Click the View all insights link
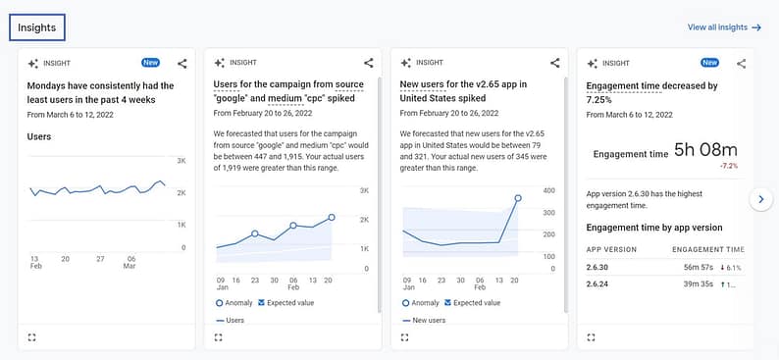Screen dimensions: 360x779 [724, 27]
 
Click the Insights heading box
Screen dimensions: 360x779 [37, 27]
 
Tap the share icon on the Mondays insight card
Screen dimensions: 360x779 [182, 63]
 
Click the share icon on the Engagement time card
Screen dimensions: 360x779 [741, 63]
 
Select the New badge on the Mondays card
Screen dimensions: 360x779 [151, 63]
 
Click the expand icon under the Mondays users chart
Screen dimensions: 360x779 [32, 336]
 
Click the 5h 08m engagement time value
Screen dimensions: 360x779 [706, 150]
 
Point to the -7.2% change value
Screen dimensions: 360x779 [729, 167]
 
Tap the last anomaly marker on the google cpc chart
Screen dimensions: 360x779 [332, 217]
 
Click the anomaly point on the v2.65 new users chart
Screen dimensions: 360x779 [518, 198]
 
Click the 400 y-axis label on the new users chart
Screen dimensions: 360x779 [549, 191]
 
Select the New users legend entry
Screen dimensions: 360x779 [425, 320]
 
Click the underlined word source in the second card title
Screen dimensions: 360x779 [349, 84]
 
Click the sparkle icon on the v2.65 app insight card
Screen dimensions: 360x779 [406, 63]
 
